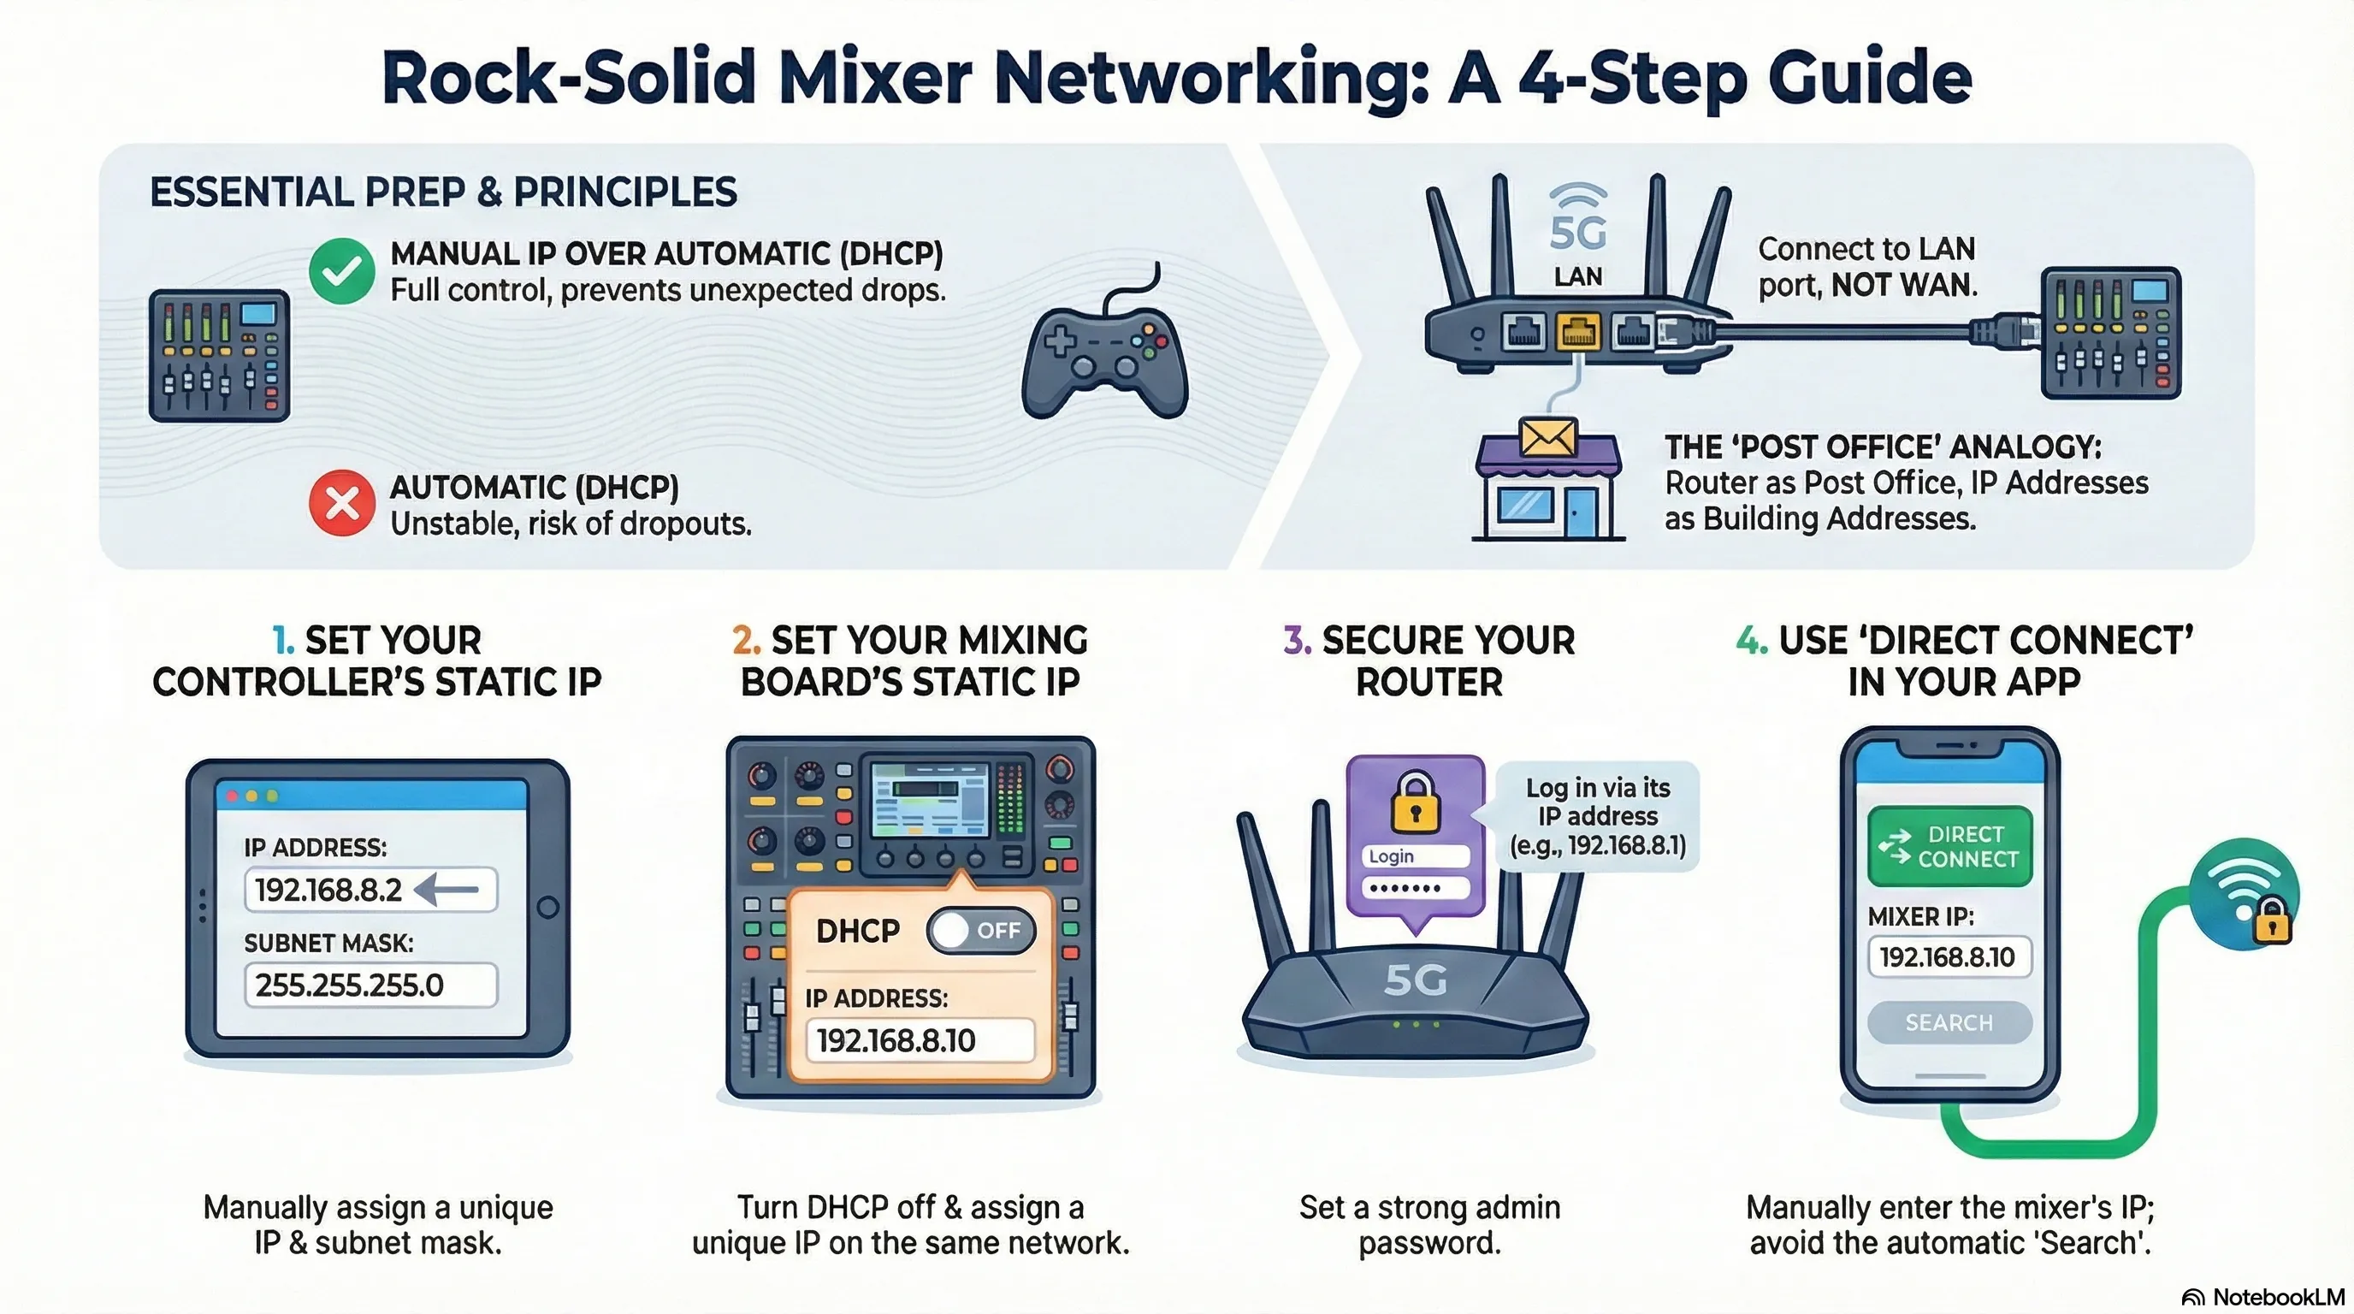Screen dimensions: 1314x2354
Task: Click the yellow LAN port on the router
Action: click(1578, 332)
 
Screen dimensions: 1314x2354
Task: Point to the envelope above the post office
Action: click(1547, 438)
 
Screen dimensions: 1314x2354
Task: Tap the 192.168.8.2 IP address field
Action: click(370, 889)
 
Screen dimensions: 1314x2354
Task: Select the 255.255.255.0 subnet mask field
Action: click(370, 985)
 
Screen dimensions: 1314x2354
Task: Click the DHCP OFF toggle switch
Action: click(980, 930)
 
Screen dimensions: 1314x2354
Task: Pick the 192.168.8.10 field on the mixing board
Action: click(920, 1041)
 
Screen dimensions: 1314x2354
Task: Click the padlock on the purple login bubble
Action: click(1415, 802)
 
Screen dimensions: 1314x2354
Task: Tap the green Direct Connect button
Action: click(1949, 846)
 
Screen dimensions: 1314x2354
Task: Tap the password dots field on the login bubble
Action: click(1415, 887)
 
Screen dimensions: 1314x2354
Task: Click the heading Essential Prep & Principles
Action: click(443, 192)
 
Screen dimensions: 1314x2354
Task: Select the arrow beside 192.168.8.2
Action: click(447, 889)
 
